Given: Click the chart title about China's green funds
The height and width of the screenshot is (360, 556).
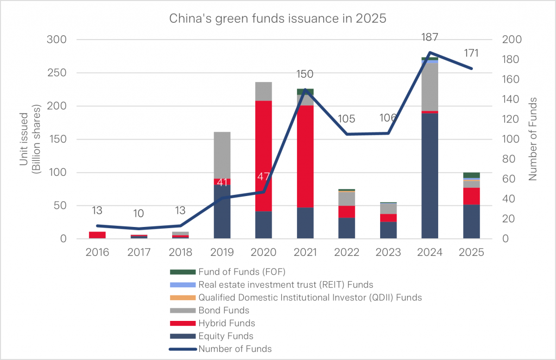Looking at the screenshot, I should [277, 18].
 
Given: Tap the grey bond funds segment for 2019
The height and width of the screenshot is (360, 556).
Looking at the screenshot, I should [222, 155].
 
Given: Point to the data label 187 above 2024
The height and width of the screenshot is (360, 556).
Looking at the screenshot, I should [429, 37].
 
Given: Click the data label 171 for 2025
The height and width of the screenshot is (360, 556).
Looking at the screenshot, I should [471, 53].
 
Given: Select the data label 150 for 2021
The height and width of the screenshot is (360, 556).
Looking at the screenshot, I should [305, 74].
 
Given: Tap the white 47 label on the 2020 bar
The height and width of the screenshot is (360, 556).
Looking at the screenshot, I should [263, 177].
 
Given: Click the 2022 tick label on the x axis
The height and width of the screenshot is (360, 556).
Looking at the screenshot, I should [346, 252].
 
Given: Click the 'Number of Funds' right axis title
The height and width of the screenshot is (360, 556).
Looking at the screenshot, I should [533, 139].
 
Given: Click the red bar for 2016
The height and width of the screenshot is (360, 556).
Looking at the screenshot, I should [97, 235].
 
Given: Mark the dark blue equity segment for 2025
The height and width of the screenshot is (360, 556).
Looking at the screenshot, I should [471, 222].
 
